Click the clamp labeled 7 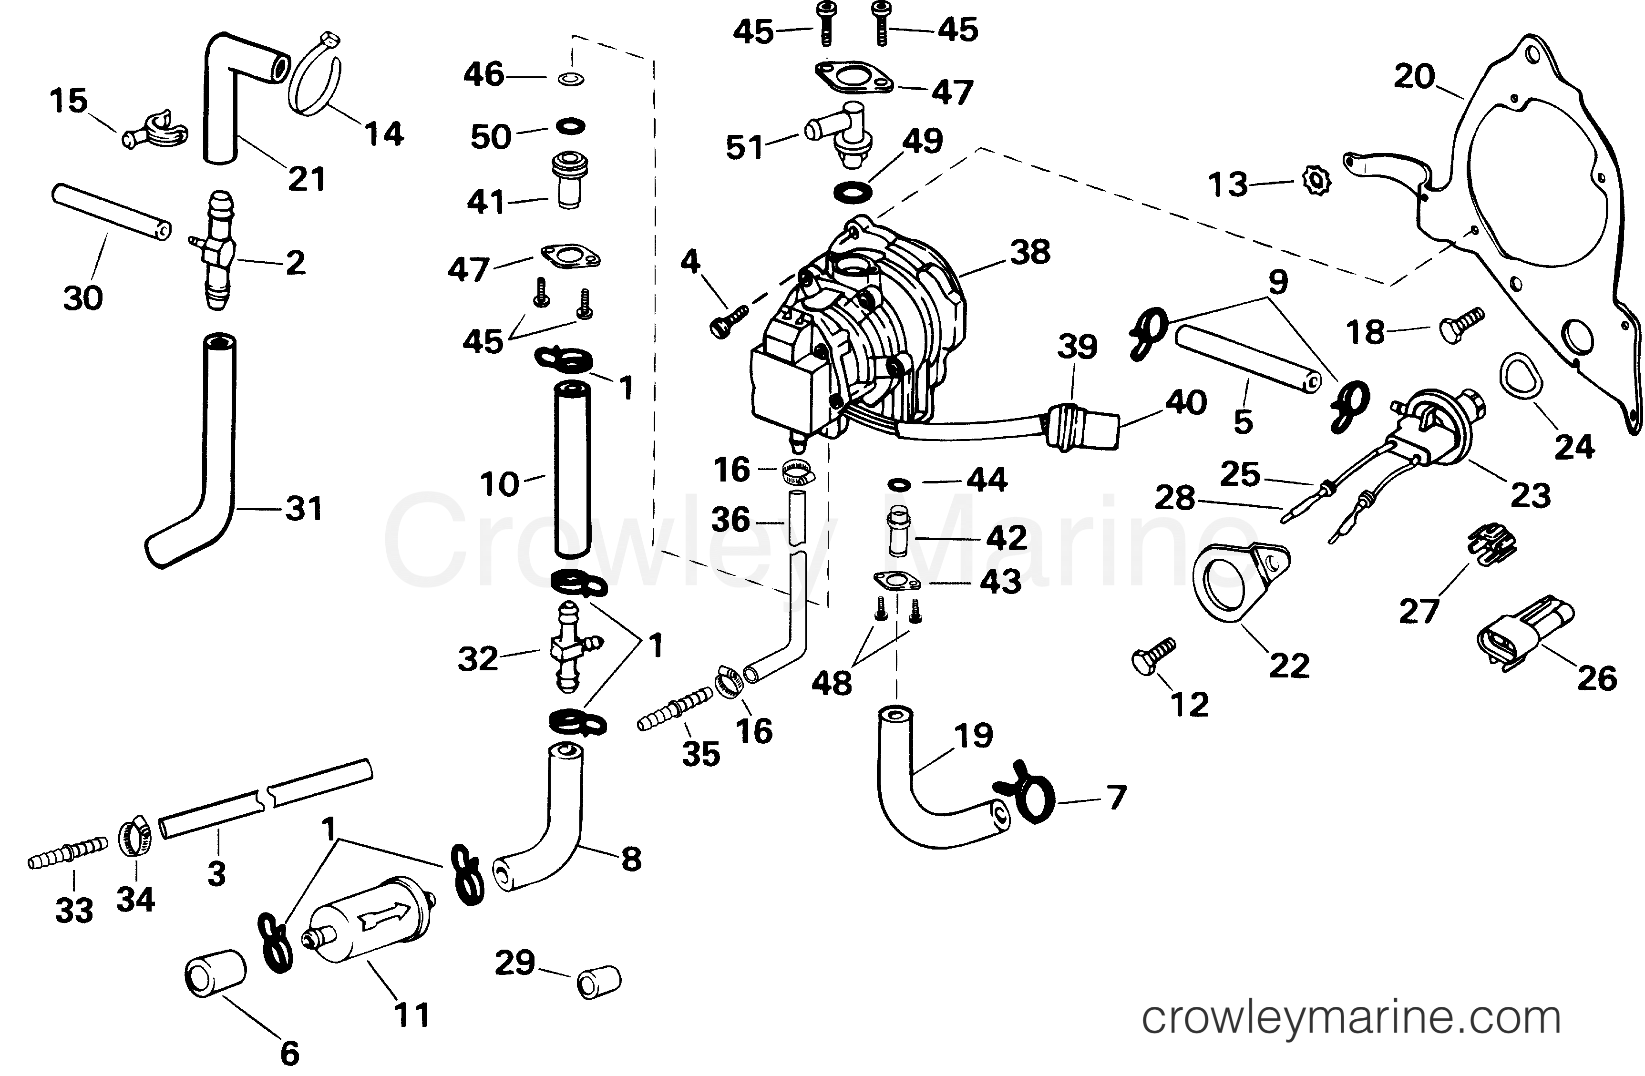click(x=1024, y=796)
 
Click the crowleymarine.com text click(x=1351, y=1018)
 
